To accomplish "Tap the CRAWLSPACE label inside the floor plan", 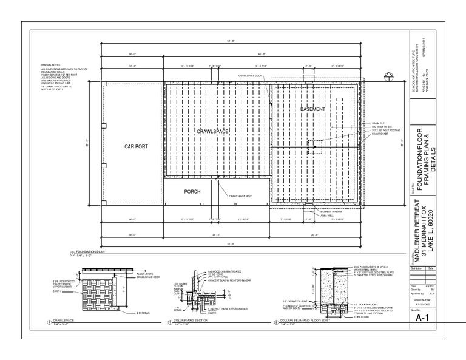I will click(x=211, y=131).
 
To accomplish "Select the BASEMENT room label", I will click(x=313, y=109).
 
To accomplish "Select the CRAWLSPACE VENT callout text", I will click(x=241, y=195).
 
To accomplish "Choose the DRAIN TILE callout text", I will click(x=370, y=123).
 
